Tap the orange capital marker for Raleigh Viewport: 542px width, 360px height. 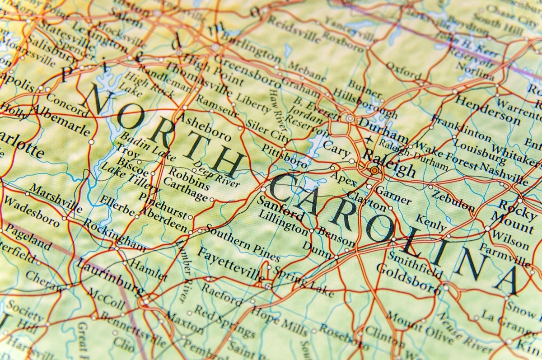374,171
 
